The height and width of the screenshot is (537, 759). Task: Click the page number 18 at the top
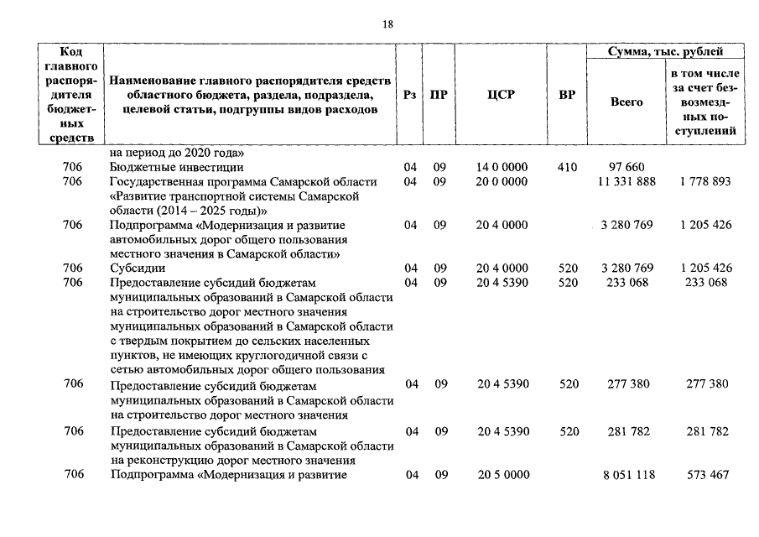(387, 24)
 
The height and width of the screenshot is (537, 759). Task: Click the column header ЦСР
(501, 95)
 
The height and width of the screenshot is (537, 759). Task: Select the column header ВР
(567, 95)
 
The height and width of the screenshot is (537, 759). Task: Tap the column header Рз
(410, 95)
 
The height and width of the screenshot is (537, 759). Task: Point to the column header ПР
(439, 95)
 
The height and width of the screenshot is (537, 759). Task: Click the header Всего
(626, 102)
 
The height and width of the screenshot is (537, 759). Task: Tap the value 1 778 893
(706, 182)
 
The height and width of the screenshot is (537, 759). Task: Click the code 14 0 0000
(502, 168)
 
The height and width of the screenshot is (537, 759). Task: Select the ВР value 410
(568, 168)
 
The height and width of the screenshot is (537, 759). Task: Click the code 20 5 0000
(503, 475)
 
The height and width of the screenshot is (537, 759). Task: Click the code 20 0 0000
(502, 182)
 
